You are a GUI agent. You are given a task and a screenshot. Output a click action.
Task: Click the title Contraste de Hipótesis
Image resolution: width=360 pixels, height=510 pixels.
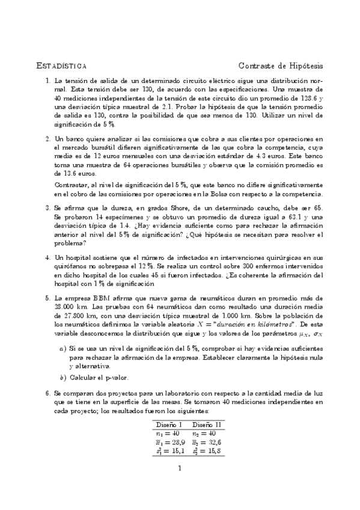281,65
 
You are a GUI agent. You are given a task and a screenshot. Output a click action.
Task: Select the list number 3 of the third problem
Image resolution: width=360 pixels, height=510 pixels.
47,208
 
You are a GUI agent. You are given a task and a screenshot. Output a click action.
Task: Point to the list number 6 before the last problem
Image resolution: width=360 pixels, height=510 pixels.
47,392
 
